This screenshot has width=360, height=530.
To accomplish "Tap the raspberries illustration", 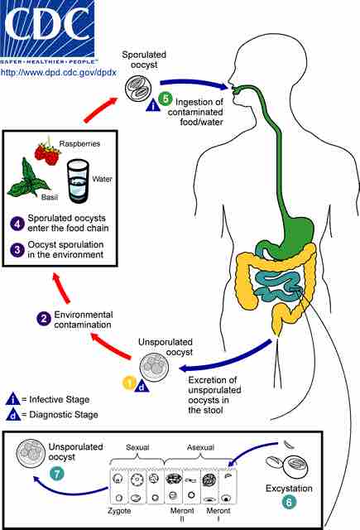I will coord(49,152).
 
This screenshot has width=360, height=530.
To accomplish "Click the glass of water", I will coord(79,178).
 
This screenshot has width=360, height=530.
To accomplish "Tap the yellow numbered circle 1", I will coord(129,383).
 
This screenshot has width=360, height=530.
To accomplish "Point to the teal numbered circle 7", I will coord(57,474).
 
